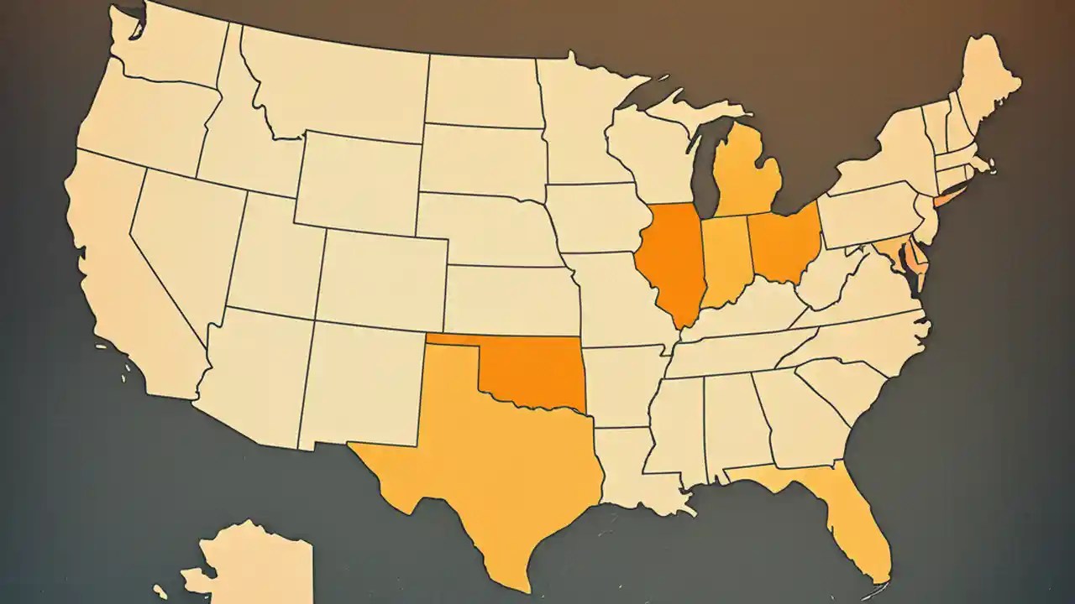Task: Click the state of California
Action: point(126,268)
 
